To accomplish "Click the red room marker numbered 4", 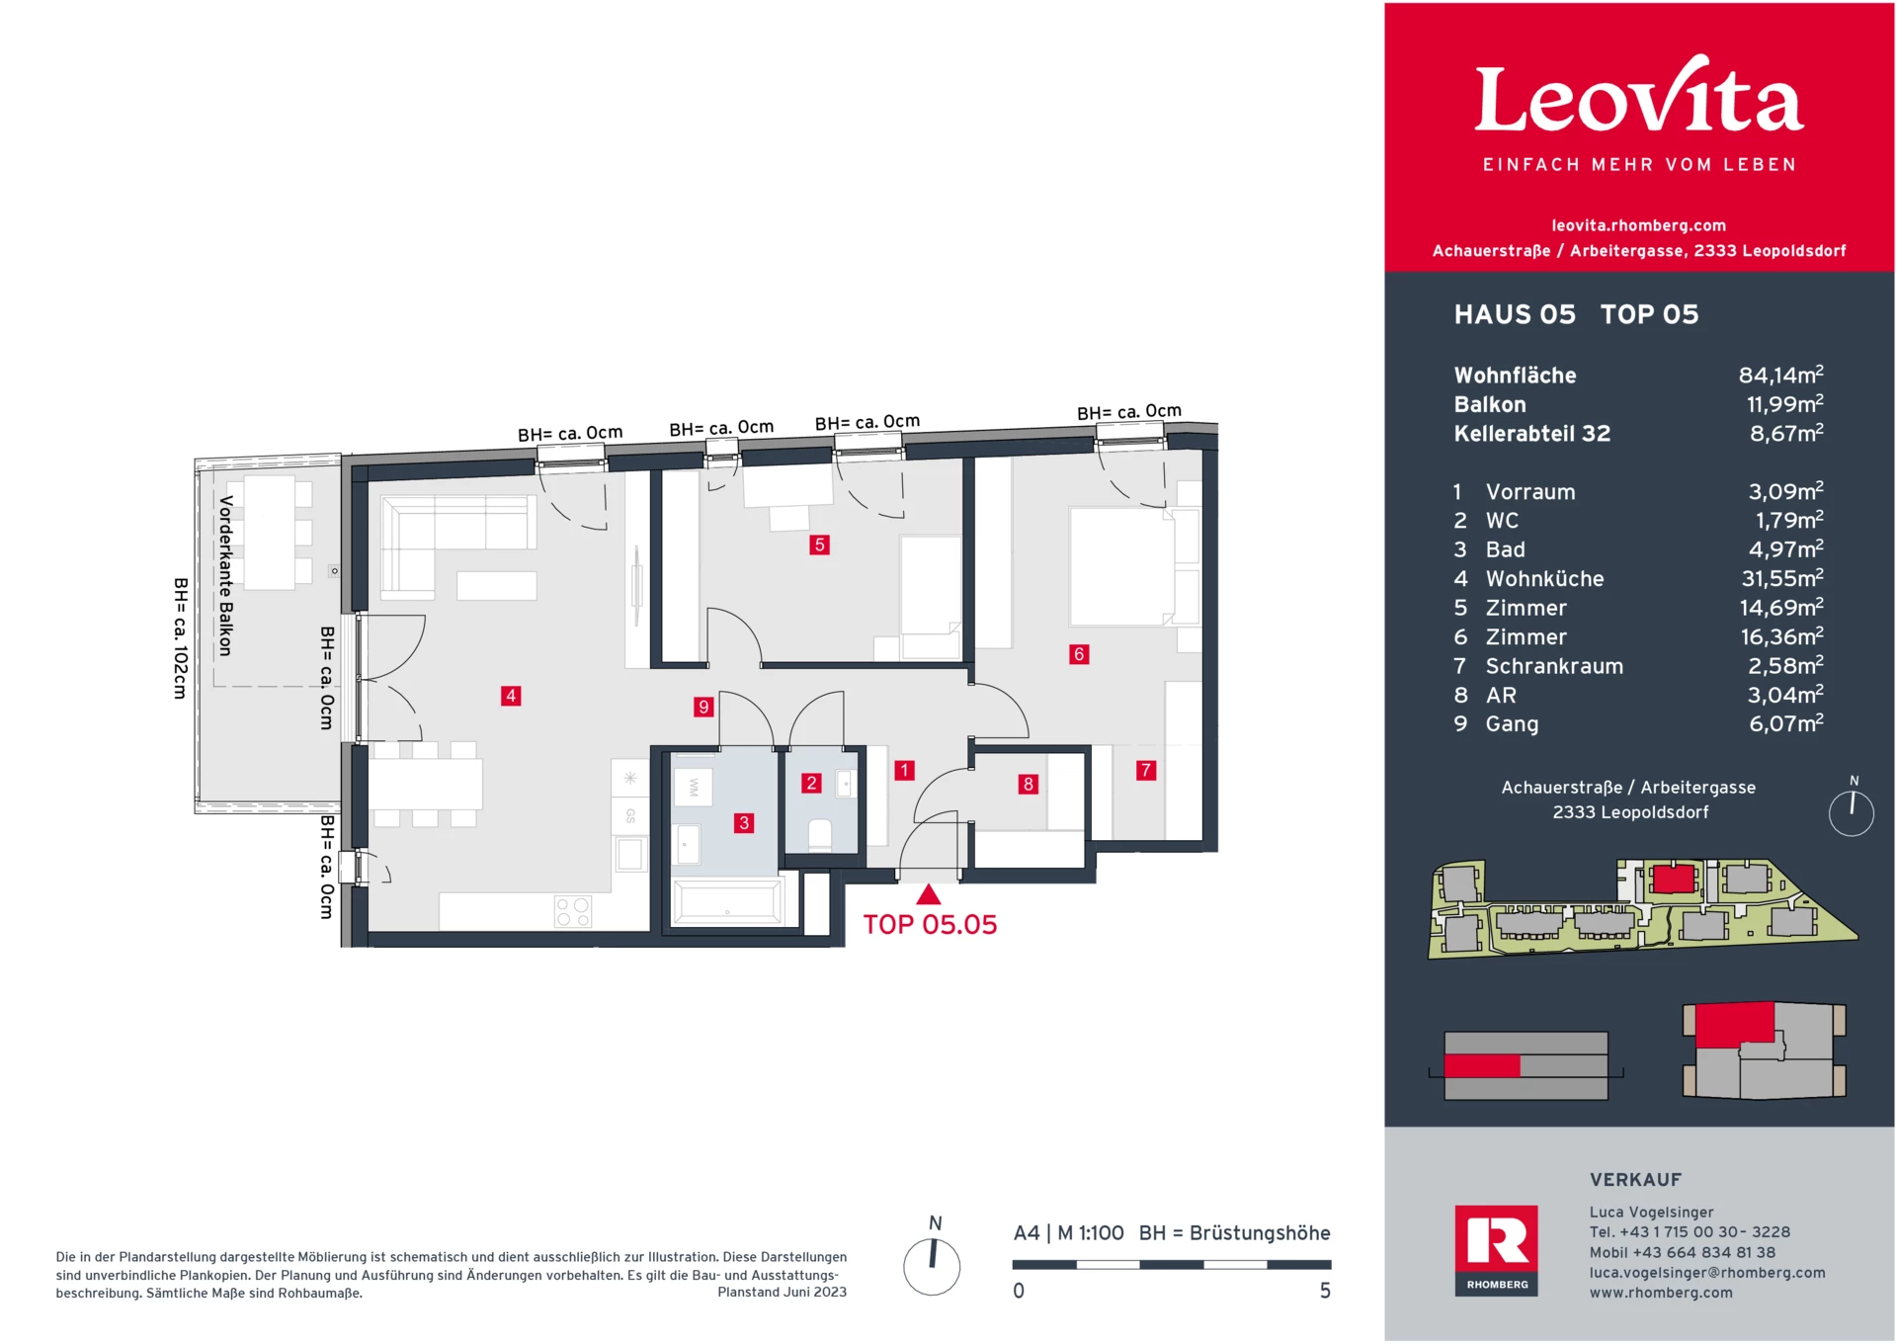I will (511, 696).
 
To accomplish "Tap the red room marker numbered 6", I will (1079, 654).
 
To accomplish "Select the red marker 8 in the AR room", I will (1029, 784).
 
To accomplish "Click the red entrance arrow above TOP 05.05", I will (929, 894).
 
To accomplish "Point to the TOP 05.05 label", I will (930, 925).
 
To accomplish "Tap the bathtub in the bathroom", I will (728, 902).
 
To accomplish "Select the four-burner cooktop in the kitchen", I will (573, 911).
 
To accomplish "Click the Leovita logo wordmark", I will (1639, 99).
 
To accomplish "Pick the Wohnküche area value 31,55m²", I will (1781, 578).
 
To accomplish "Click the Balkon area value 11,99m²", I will (1784, 404).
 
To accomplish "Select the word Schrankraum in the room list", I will (1554, 666).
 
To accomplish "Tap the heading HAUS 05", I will (1515, 314).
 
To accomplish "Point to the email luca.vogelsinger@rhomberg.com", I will (1706, 1273).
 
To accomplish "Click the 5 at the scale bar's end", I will (1325, 1291).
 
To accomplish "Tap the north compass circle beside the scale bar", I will (932, 1267).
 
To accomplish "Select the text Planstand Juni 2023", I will (782, 1292).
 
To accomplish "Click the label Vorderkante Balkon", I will (225, 576).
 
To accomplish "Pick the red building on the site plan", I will (1674, 878).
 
